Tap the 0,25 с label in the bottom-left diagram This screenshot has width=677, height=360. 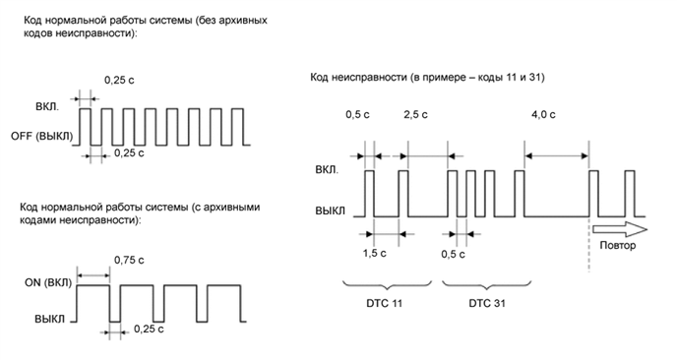[x=150, y=329]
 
